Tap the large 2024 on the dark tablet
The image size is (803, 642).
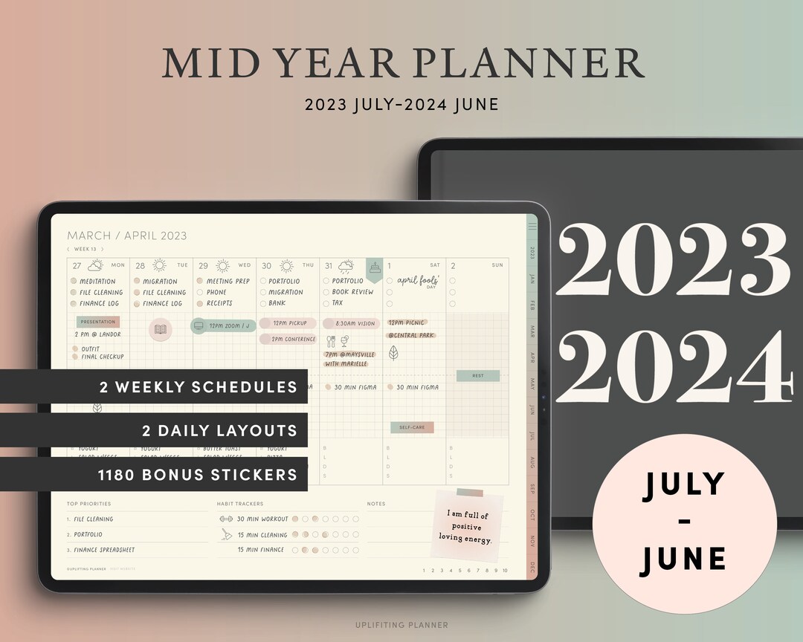(x=672, y=369)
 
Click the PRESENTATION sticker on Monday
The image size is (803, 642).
(x=98, y=322)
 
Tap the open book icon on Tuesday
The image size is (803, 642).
(x=161, y=329)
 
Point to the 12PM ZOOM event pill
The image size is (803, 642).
(x=224, y=325)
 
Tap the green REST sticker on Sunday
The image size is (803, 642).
(x=477, y=376)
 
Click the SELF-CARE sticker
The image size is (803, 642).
(x=412, y=427)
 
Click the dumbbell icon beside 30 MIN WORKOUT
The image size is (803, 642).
(x=227, y=519)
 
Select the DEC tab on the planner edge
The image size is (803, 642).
(x=532, y=568)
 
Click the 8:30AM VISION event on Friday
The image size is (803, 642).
(x=352, y=324)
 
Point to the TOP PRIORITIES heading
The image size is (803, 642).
(x=88, y=504)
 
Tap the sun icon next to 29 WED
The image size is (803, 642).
(x=222, y=265)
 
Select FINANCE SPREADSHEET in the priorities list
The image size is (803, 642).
(x=104, y=550)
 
